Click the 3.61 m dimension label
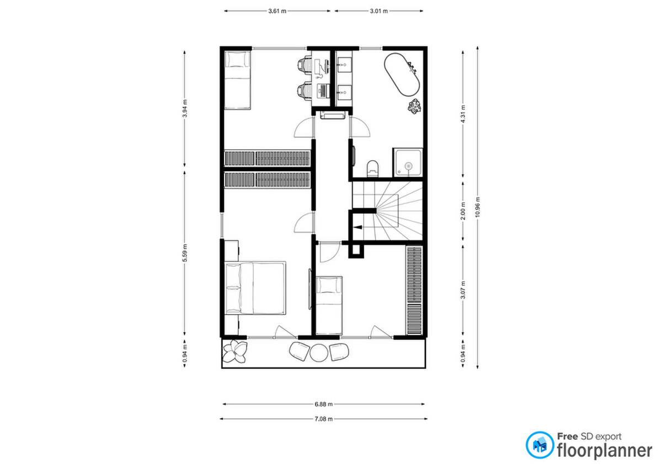[x=277, y=11]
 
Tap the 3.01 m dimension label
[x=378, y=11]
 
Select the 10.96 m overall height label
[x=478, y=207]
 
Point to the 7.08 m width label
[x=323, y=419]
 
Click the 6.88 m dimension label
[x=323, y=404]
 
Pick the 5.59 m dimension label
[x=185, y=253]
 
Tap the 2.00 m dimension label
[x=463, y=211]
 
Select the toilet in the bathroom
[x=373, y=168]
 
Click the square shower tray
[x=408, y=163]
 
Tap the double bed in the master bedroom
[x=255, y=288]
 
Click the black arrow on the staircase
[x=358, y=227]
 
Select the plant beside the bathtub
[x=414, y=106]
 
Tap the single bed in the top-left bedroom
[x=237, y=80]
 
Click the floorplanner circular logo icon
[x=540, y=445]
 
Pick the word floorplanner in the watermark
[x=605, y=451]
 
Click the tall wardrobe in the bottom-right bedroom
[x=414, y=290]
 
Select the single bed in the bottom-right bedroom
[x=329, y=305]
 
